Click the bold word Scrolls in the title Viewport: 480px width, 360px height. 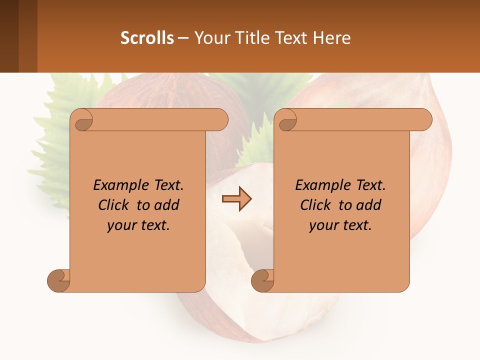pos(147,38)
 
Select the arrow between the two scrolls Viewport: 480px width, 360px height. pos(236,198)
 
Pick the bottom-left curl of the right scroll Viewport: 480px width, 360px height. pos(263,280)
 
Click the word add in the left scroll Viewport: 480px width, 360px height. pos(166,205)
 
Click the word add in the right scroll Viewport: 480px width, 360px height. pos(368,205)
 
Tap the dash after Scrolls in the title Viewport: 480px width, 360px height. pos(183,38)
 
